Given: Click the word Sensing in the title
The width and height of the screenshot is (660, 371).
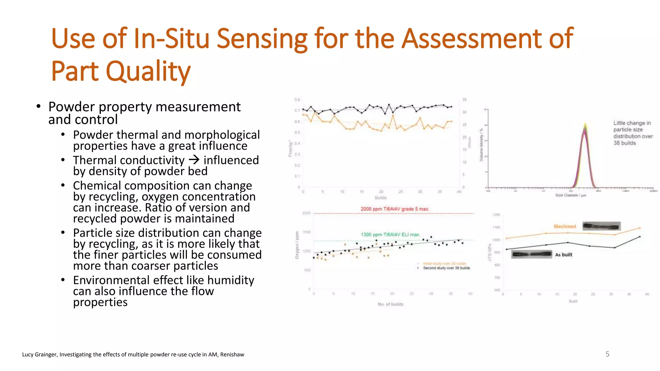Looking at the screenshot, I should pos(262,39).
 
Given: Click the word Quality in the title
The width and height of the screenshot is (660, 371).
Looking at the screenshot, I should pos(148,71).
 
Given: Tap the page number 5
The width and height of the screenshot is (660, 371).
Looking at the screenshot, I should pos(607,354).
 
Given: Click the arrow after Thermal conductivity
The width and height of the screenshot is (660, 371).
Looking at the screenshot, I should pos(194,159).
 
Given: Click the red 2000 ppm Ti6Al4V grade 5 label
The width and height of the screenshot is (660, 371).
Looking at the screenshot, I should pos(395,209).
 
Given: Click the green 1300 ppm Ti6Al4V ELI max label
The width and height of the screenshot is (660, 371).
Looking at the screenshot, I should pos(390,234).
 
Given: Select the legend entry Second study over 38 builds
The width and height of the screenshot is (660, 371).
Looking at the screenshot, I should pos(446,268).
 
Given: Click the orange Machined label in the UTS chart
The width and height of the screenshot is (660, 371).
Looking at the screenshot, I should pos(565,226).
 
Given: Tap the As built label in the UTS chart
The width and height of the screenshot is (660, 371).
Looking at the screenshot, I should pos(564,255).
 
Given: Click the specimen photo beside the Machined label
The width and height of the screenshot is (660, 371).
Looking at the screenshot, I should pos(601,226).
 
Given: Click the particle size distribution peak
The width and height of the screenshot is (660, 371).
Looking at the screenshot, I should pos(585,129).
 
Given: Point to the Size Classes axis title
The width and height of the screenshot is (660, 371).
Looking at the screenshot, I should pos(570,195).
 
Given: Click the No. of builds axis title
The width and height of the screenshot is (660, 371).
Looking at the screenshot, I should pos(390,304).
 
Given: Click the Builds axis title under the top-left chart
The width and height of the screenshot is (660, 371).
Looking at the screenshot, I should pos(381,198).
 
